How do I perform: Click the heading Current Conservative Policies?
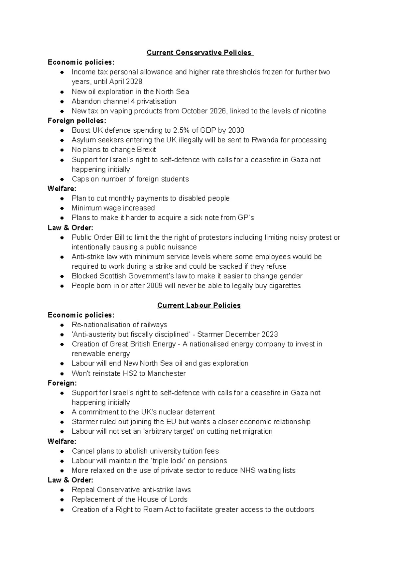(x=199, y=53)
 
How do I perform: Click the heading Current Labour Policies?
(x=199, y=305)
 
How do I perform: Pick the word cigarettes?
(x=285, y=286)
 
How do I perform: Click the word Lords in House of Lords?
(x=178, y=499)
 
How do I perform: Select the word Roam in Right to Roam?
(x=153, y=509)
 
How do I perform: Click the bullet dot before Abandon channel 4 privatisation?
(x=62, y=101)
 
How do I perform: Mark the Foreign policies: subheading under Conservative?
(x=77, y=121)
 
